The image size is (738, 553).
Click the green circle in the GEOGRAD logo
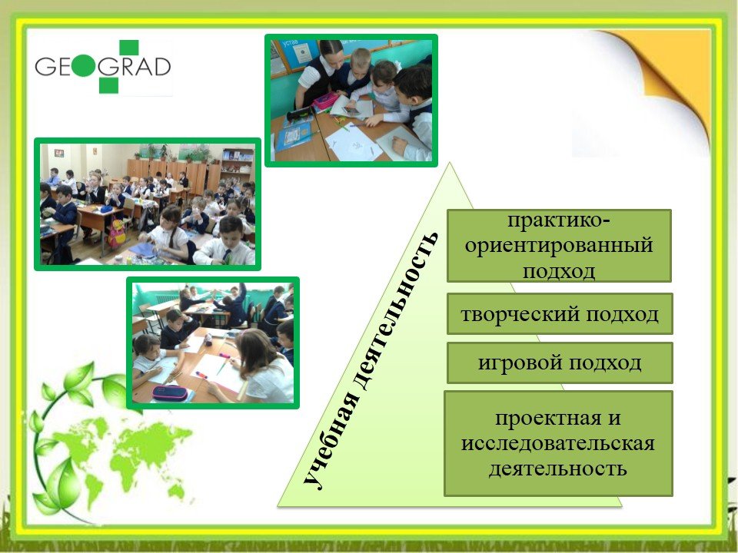point(84,66)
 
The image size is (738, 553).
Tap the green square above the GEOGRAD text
point(128,48)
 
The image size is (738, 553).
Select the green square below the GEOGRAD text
point(108,85)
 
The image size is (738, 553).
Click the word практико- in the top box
point(559,221)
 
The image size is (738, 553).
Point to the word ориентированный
point(559,246)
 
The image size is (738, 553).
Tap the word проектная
point(548,418)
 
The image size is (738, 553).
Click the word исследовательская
point(558,443)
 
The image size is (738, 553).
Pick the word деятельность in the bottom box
point(558,469)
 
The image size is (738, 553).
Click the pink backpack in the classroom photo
point(116,233)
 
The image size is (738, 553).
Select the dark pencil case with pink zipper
point(169,392)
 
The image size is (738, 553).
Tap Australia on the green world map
point(177,492)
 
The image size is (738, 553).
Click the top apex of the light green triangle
point(450,163)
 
